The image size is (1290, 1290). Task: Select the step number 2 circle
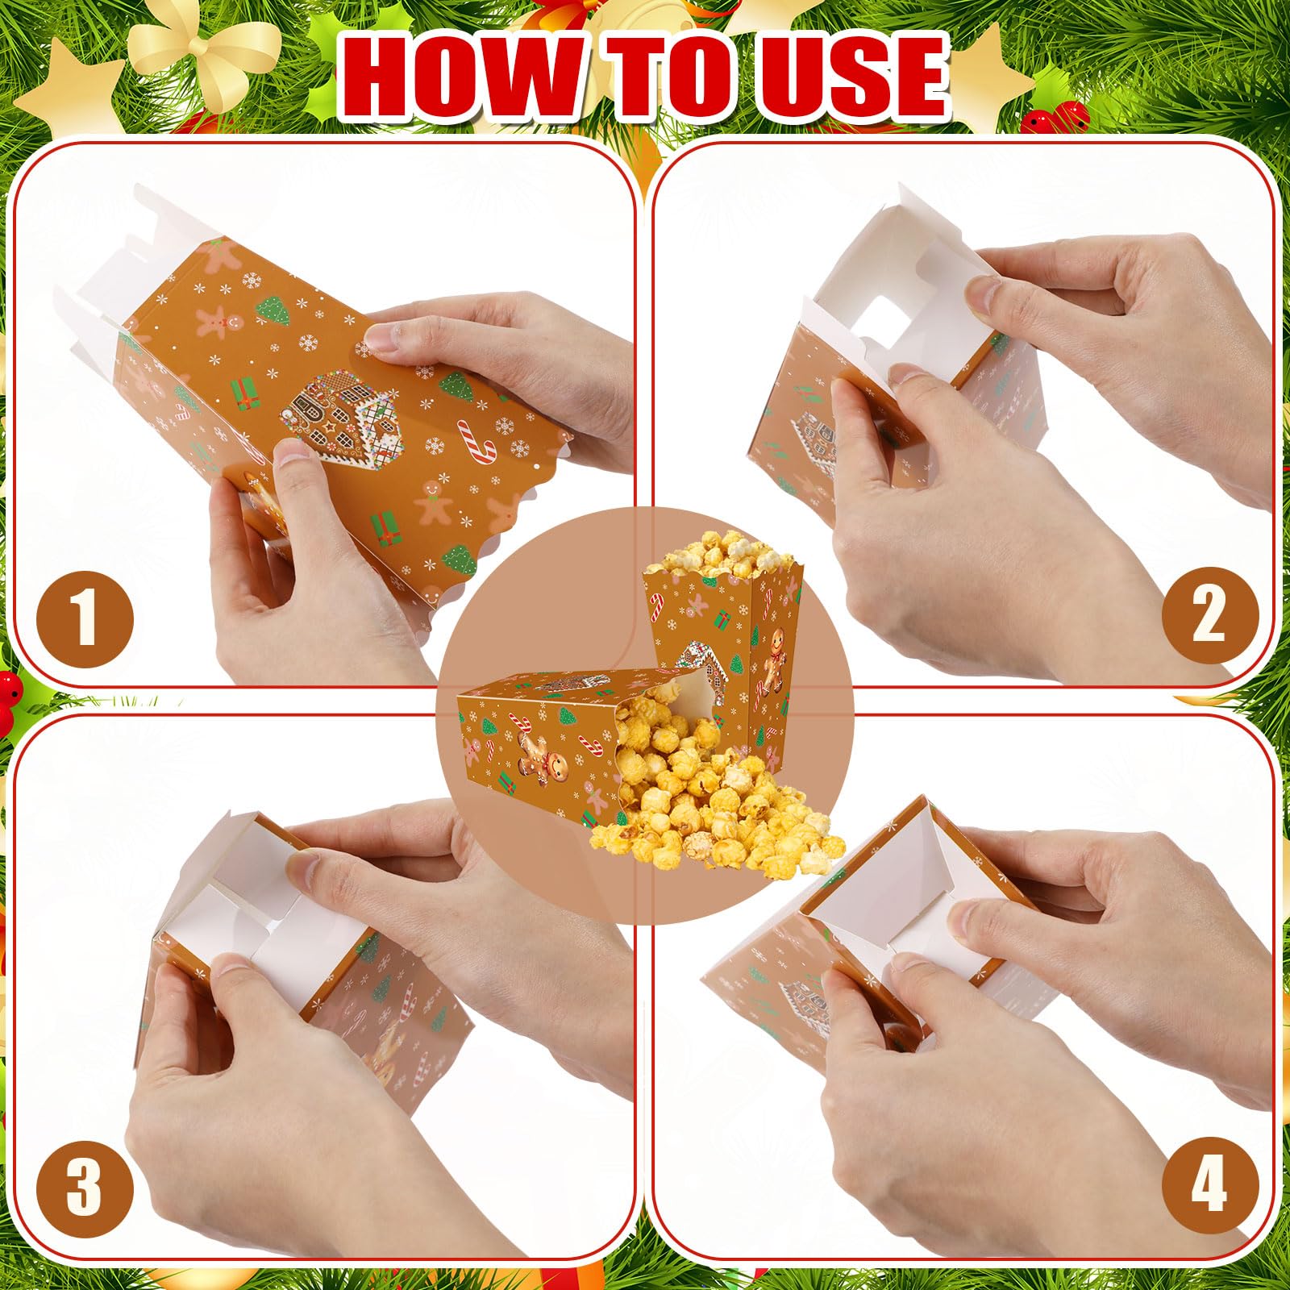(x=1209, y=616)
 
